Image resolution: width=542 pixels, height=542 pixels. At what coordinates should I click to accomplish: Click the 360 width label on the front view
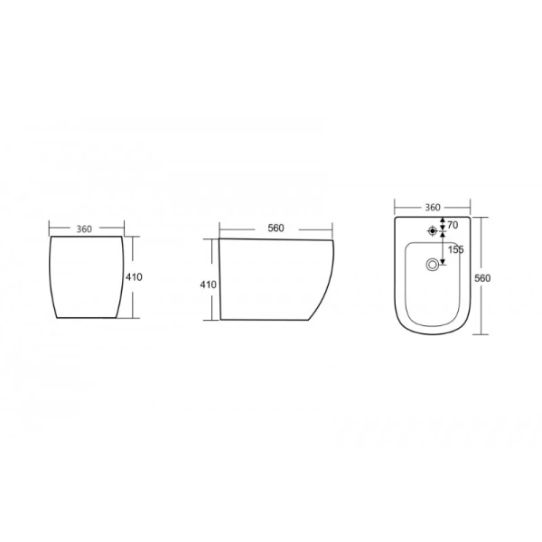click(84, 229)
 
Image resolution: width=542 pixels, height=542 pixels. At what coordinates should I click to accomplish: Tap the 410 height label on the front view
click(134, 277)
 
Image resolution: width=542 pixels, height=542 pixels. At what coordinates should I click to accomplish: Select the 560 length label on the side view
click(276, 229)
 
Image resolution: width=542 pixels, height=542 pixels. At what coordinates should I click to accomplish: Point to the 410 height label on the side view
click(208, 285)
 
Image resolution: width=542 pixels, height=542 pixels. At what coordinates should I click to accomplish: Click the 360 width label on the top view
click(433, 208)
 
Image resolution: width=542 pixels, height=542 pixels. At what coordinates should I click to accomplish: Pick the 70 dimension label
click(453, 225)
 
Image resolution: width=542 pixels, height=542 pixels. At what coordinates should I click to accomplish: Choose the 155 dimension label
click(455, 249)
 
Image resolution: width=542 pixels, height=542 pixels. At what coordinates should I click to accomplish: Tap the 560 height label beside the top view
click(482, 278)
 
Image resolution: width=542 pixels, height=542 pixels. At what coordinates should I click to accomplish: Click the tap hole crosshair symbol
click(432, 230)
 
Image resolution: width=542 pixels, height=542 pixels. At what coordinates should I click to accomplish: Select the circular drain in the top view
click(432, 265)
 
